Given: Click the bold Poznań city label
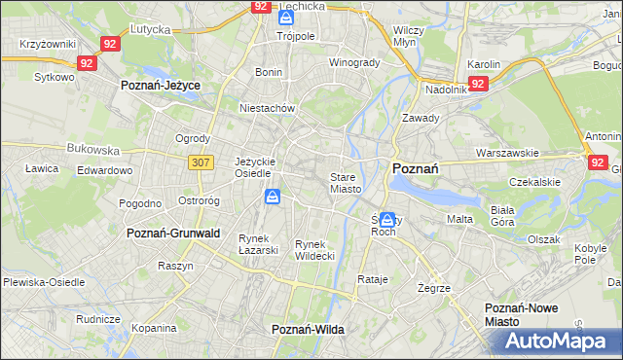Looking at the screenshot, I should pos(415,168).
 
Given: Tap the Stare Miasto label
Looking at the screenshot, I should pos(346,183).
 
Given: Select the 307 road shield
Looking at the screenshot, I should pos(201,162).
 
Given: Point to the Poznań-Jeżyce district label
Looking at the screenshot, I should pos(161,86).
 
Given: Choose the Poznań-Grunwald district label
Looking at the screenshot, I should pos(173,234).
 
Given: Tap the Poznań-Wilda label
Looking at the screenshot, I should pos(308,330).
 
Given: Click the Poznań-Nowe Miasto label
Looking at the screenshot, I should pos(530,314).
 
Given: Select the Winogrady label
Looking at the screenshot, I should pos(354,63).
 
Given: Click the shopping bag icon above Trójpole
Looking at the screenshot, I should pos(286,18).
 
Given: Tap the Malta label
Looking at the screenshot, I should pos(459,219).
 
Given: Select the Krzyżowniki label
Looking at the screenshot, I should pos(48,46).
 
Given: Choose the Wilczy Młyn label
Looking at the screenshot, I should pos(409,36).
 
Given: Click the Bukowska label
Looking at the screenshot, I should pos(92,151).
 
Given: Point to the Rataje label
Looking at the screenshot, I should pos(373,280).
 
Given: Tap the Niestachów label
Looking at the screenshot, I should pos(268,109).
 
